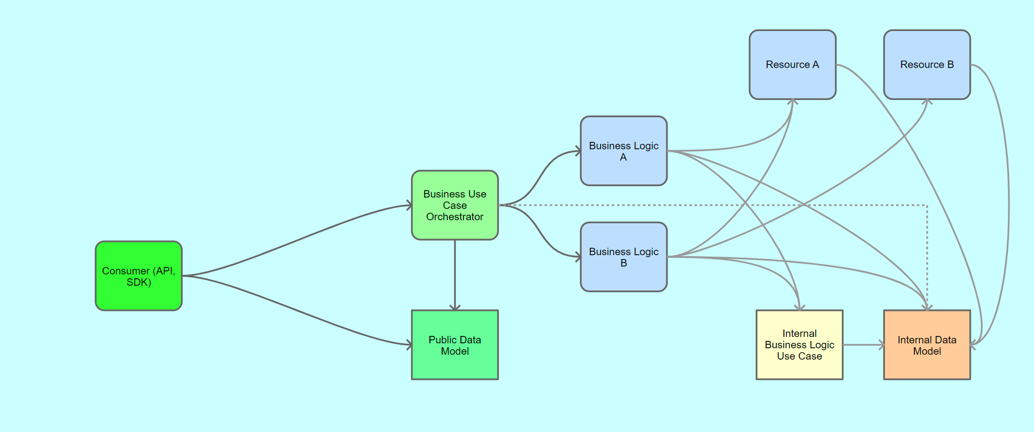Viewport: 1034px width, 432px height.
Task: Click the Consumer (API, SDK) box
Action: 139,276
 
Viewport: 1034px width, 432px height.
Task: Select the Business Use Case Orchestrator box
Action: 455,205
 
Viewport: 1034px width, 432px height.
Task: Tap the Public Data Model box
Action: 455,345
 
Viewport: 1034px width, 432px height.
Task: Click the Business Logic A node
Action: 624,151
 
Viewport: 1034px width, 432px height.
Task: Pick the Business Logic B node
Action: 624,257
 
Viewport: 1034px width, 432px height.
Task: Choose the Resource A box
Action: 793,65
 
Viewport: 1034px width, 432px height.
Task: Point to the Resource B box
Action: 927,65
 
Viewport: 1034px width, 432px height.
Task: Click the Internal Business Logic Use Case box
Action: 800,345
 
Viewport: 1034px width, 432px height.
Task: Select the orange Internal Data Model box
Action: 927,345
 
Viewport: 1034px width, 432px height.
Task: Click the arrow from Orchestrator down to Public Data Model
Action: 455,275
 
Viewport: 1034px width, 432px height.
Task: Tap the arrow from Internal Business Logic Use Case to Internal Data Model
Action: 864,345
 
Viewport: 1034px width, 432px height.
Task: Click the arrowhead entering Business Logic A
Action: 578,151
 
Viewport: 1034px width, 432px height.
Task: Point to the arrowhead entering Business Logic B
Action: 578,257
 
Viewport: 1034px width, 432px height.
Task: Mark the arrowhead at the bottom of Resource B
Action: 927,102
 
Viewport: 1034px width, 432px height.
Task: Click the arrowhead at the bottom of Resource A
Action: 793,102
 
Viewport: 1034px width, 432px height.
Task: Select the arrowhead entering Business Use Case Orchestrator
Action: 409,205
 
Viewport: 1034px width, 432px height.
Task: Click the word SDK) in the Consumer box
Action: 139,282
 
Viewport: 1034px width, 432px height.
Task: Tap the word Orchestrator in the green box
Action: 455,217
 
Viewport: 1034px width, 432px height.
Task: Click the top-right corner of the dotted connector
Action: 927,205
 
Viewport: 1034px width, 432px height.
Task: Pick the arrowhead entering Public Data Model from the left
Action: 409,345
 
